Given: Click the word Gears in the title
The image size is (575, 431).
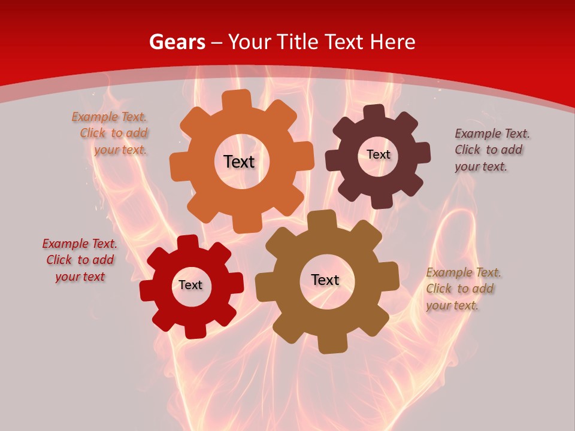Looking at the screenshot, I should [177, 42].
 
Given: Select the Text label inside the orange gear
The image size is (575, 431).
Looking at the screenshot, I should [239, 162].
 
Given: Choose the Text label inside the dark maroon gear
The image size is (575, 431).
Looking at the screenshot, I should [379, 154].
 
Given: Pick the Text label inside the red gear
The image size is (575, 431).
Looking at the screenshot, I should [190, 285].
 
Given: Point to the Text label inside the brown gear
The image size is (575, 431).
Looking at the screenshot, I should [325, 280].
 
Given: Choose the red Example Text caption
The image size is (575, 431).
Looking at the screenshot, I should [80, 260].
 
